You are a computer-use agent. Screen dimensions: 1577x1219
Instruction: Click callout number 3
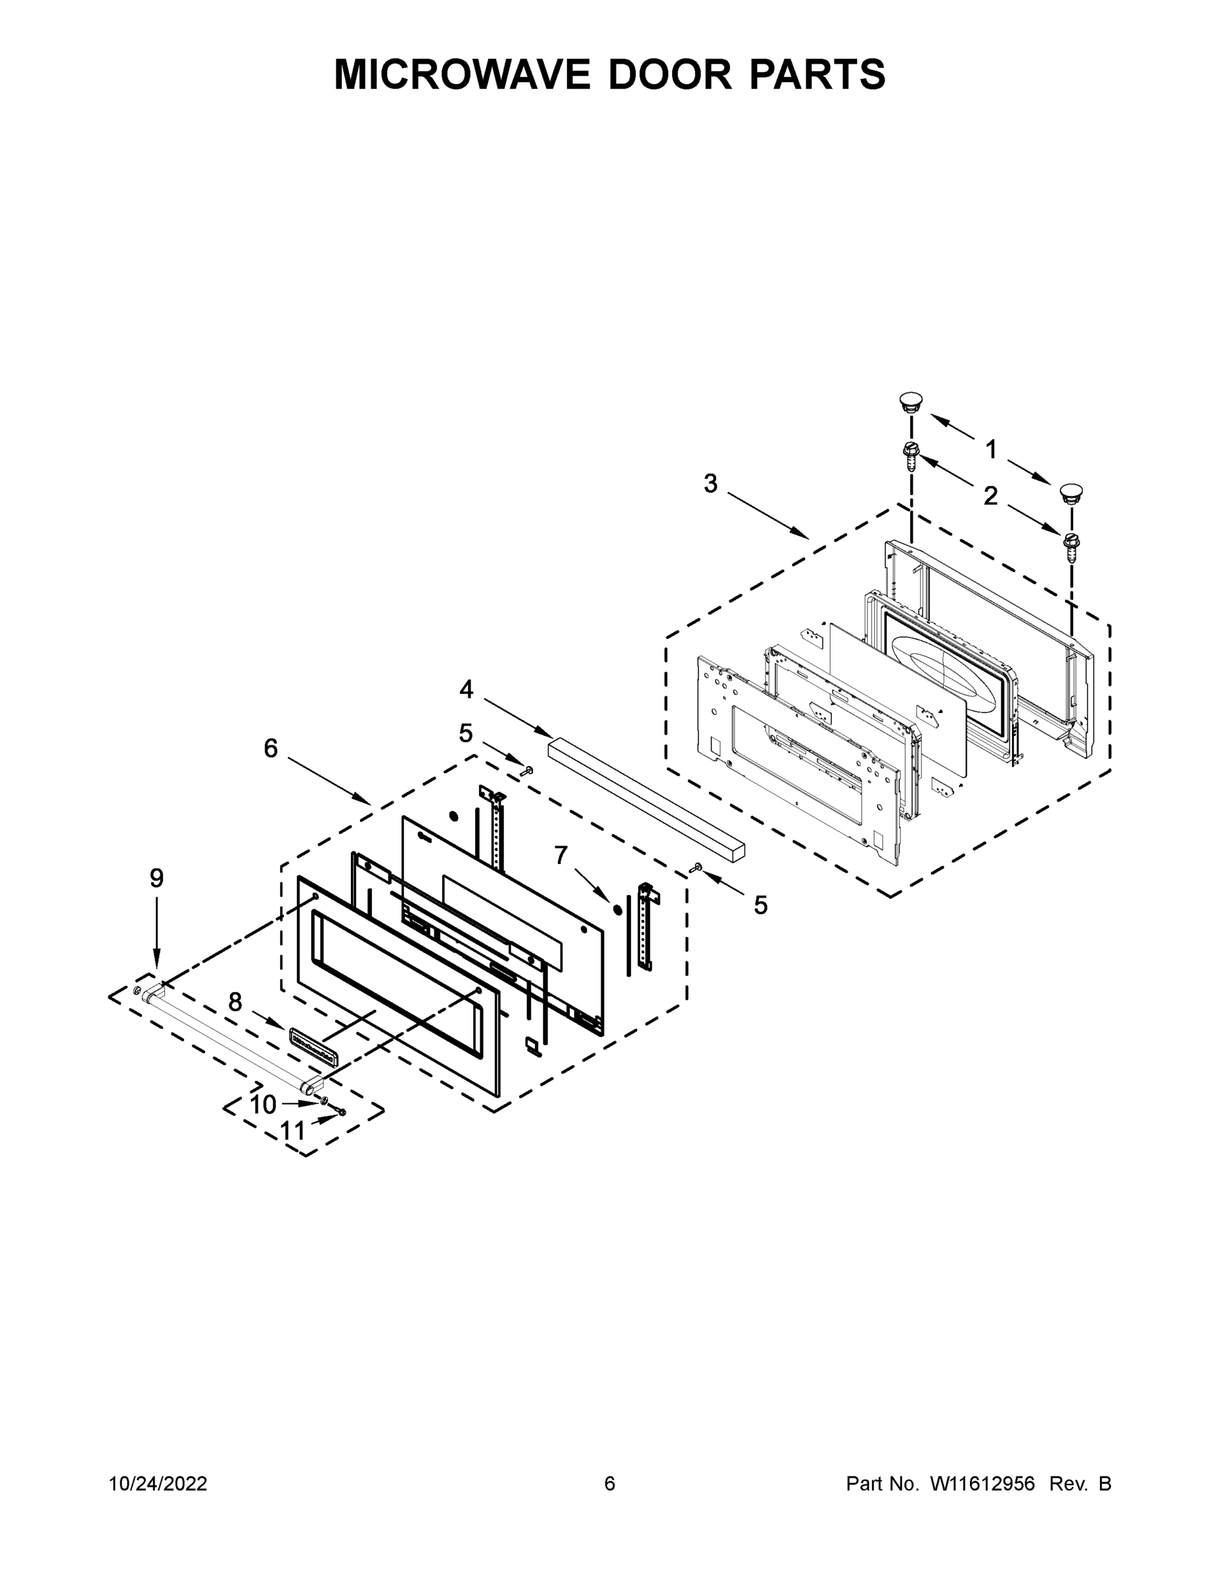point(710,484)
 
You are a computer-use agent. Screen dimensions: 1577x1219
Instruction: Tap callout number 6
point(270,749)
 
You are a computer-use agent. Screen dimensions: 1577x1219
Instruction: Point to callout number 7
point(561,855)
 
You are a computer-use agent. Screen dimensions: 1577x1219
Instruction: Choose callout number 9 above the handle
point(156,878)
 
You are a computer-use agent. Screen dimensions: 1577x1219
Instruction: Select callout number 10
point(263,1105)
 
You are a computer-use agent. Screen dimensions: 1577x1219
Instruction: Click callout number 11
point(292,1131)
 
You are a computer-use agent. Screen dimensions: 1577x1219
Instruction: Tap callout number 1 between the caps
point(991,450)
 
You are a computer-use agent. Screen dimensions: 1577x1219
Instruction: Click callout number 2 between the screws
point(991,496)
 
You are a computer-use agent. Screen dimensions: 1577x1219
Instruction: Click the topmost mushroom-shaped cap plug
point(911,401)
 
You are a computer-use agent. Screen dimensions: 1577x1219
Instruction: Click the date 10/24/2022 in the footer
point(158,1483)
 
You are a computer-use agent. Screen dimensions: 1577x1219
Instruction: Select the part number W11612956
point(982,1483)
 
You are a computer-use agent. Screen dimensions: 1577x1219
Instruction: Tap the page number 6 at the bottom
point(610,1483)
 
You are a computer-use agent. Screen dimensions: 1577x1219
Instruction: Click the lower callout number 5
point(760,905)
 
